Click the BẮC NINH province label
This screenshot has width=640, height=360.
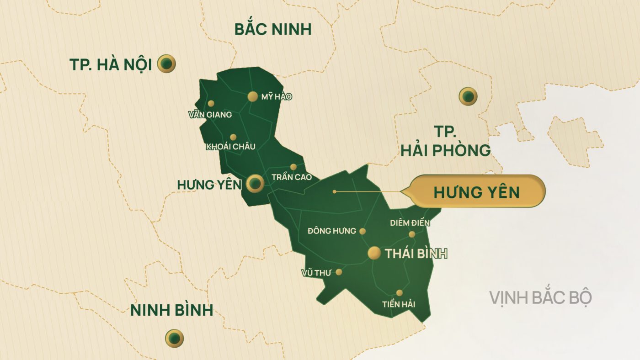pos(273,29)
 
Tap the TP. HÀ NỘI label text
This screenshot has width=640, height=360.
pos(110,64)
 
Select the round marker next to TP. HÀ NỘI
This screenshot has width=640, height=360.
pos(167,64)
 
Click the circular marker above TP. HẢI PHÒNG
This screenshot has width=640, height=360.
pos(468,96)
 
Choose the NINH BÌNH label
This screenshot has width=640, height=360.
pos(172,310)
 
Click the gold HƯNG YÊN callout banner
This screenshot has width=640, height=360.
pos(477,191)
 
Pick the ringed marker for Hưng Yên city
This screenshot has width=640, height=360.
pos(255,184)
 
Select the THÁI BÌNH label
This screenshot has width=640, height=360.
pos(416,254)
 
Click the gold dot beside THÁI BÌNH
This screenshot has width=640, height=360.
pos(374,253)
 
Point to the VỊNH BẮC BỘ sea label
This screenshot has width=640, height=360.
pos(541,297)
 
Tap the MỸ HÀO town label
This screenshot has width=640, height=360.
pos(276,97)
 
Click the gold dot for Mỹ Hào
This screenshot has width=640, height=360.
pos(252,96)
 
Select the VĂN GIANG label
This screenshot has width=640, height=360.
pos(210,115)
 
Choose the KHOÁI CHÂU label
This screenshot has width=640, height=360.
pos(231,147)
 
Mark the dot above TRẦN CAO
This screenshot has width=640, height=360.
pos(293,167)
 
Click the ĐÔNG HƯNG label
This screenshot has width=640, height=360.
pos(332,231)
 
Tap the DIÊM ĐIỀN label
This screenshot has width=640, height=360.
pos(410,223)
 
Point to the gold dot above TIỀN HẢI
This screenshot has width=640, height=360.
pos(400,293)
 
